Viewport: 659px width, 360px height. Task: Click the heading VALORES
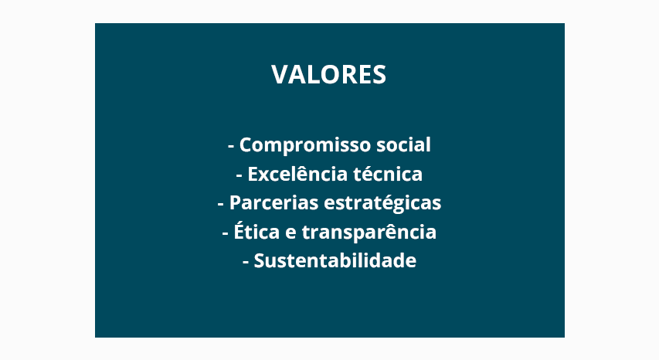(328, 75)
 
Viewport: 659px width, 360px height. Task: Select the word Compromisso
(305, 146)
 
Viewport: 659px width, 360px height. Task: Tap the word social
(403, 144)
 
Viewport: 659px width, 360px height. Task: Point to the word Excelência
(297, 174)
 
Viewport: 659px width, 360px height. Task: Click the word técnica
(388, 174)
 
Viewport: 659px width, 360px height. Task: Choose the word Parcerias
(273, 202)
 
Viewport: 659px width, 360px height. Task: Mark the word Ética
(256, 231)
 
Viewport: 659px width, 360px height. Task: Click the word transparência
(369, 233)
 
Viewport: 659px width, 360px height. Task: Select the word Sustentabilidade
(335, 260)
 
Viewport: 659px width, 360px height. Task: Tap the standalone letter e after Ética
(290, 233)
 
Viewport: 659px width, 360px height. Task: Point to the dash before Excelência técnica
(239, 175)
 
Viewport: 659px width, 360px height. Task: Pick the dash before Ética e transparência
(226, 233)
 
